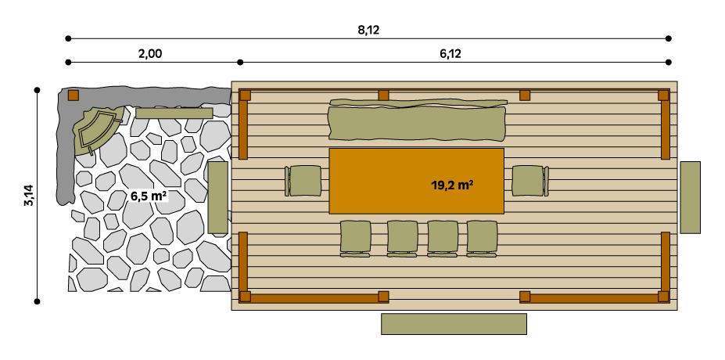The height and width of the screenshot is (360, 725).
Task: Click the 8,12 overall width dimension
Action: (368, 31)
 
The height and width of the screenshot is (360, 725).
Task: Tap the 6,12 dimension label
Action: (453, 54)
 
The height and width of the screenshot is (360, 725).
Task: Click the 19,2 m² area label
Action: (454, 185)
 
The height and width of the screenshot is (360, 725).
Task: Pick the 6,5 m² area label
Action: (148, 196)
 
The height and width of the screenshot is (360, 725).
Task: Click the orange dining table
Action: (416, 181)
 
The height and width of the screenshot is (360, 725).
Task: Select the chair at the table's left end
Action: (303, 181)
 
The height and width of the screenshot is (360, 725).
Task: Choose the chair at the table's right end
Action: (529, 181)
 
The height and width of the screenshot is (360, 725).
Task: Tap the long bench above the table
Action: (417, 121)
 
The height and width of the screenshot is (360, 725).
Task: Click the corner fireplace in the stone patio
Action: (99, 129)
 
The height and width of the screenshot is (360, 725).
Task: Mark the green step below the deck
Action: (454, 323)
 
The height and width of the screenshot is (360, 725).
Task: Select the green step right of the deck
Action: (690, 197)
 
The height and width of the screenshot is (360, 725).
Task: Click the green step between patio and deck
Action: (217, 197)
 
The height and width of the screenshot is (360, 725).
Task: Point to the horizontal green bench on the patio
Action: (174, 113)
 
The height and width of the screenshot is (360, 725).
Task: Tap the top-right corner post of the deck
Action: (663, 95)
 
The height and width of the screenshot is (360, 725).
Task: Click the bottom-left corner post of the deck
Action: (245, 297)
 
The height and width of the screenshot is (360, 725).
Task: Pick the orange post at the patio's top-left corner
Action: (73, 95)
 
